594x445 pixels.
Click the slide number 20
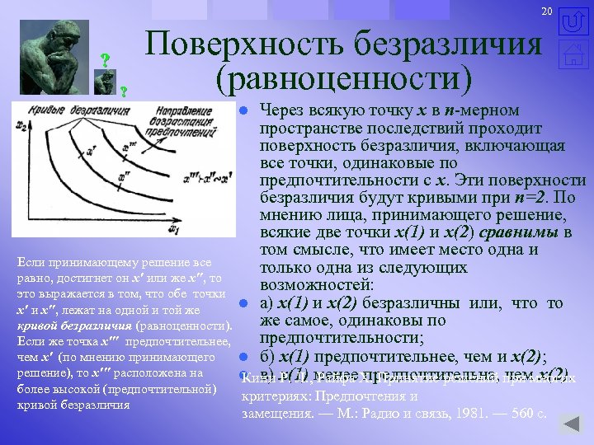pyautogui.click(x=546, y=10)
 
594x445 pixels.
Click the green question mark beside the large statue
pyautogui.click(x=105, y=60)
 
